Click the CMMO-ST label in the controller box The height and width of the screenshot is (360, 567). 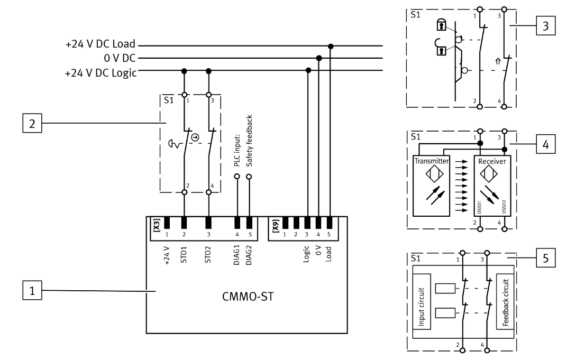[248, 297]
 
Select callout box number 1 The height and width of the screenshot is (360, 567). [32, 290]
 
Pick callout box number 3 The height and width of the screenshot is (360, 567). [545, 25]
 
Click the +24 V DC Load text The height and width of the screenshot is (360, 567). [100, 44]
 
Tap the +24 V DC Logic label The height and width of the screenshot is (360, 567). [100, 73]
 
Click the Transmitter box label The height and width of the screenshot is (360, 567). [432, 161]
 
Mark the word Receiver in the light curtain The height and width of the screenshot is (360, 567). [492, 161]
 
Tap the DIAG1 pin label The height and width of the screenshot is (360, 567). [237, 254]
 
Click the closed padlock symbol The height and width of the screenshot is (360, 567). [441, 25]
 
